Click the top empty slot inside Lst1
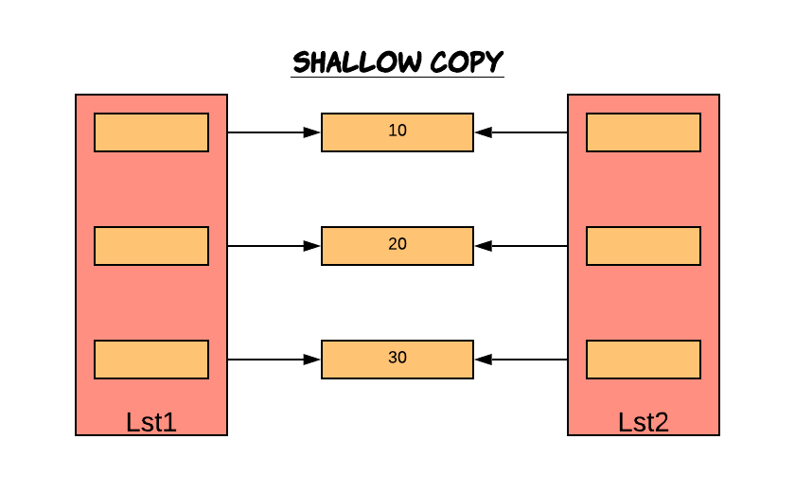point(151,132)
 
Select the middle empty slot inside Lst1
point(151,246)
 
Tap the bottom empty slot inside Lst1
point(151,360)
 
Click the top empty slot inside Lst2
point(644,132)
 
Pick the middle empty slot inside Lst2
point(644,246)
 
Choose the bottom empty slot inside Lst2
point(644,360)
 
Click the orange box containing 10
point(397,132)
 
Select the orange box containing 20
point(397,246)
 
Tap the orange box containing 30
point(397,360)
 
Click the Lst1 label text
point(151,422)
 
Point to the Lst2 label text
point(644,422)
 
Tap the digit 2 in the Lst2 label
point(662,422)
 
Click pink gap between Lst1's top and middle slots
point(151,189)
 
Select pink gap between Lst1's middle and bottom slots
point(151,303)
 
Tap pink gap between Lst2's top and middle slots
point(644,189)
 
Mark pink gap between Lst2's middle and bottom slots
point(644,303)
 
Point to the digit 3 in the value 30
point(393,358)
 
